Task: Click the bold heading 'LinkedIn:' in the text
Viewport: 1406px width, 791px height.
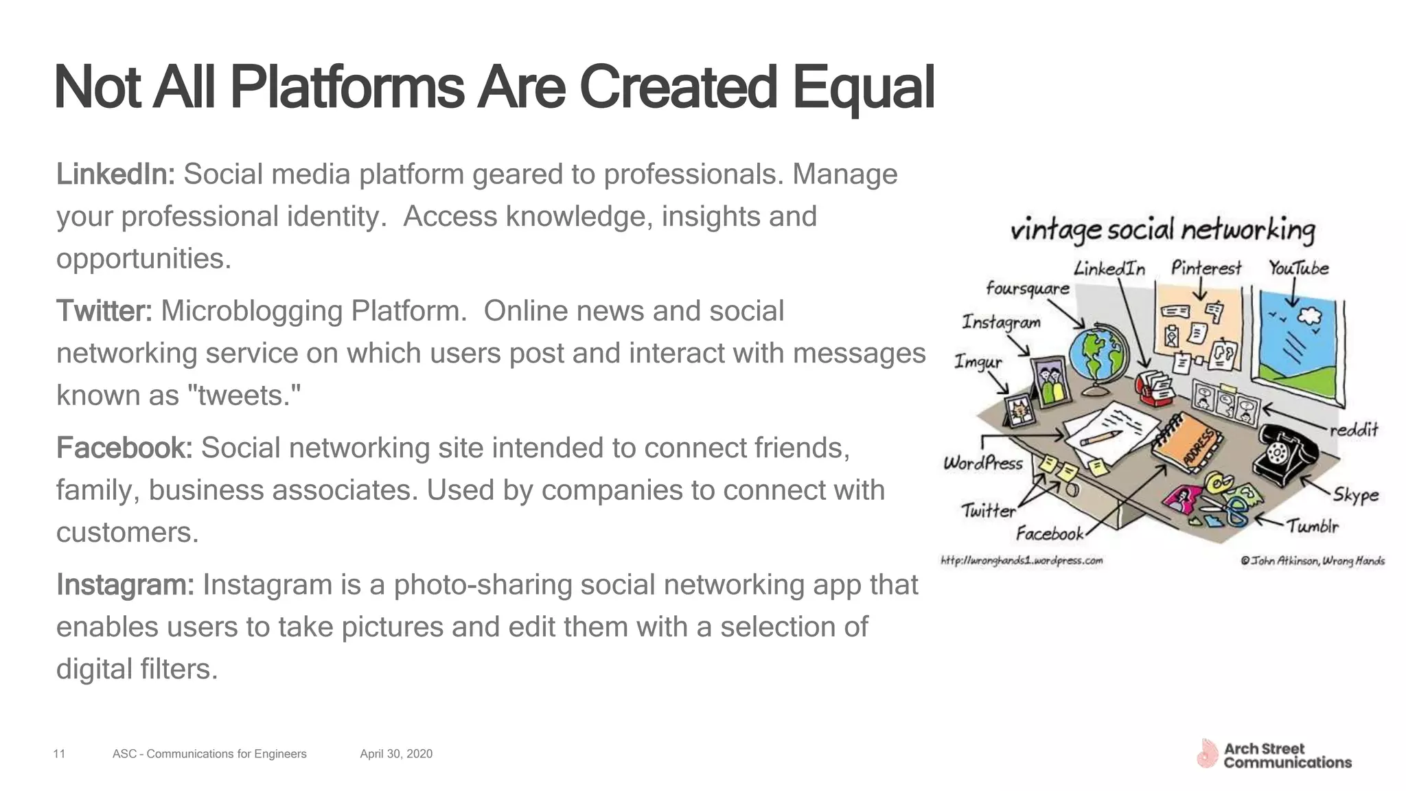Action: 115,174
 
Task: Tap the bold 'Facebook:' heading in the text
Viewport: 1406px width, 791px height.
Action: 124,448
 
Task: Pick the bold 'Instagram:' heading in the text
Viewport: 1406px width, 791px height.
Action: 126,584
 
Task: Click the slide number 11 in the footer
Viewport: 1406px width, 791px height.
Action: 59,754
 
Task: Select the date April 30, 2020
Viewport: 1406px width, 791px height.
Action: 396,754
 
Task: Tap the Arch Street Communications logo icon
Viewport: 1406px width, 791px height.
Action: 1207,753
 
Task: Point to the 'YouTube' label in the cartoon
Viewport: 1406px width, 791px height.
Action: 1298,268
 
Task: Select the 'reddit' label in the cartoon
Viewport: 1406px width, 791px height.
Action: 1354,430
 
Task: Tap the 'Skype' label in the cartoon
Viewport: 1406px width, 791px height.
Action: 1356,494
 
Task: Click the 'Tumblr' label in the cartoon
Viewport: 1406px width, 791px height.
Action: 1313,527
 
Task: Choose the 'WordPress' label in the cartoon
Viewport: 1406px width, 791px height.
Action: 983,463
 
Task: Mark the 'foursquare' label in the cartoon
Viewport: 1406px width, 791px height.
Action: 1028,288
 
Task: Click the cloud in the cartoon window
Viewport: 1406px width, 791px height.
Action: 1311,315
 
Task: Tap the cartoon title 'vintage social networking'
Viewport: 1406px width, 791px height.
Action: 1162,230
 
